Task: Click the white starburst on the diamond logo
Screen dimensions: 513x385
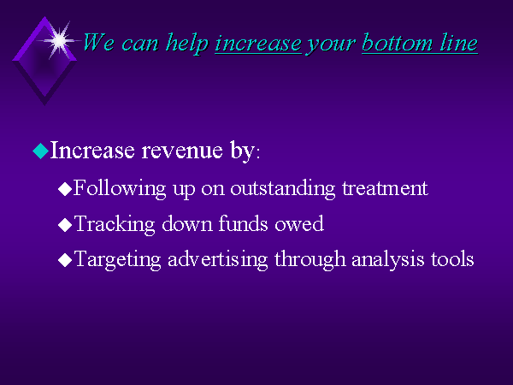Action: (59, 40)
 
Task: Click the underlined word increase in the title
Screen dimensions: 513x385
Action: (258, 44)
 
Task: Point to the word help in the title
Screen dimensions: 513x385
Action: (187, 44)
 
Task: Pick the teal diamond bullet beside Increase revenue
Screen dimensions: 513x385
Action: (41, 151)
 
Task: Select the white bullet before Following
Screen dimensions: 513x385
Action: (65, 189)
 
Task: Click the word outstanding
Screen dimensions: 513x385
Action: (283, 188)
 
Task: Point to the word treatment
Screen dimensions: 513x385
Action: (385, 188)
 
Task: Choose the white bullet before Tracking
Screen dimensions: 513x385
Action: (65, 225)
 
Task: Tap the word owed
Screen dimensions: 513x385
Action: (299, 224)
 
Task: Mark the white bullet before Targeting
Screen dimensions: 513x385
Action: (65, 260)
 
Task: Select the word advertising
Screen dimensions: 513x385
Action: (217, 260)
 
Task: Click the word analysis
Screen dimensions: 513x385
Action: (387, 260)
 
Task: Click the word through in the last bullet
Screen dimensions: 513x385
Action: (310, 260)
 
